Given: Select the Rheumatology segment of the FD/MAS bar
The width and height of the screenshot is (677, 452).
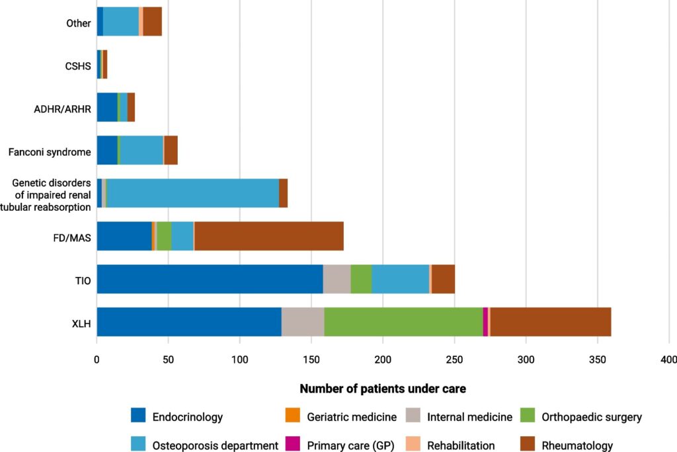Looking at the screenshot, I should click(269, 236).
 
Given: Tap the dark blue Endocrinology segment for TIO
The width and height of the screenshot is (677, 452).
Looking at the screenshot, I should click(210, 279).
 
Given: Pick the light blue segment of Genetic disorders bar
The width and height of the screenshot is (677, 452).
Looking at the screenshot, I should click(192, 193).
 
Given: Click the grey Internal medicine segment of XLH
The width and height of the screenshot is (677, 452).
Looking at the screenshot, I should click(303, 322).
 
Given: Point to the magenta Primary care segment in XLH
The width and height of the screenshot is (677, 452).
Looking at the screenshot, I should click(485, 322).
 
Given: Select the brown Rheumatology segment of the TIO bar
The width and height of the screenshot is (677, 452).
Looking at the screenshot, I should click(443, 279).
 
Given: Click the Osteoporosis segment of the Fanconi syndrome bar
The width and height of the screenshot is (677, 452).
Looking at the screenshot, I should click(141, 150).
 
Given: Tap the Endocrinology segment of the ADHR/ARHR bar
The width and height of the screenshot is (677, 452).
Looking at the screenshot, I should click(107, 107).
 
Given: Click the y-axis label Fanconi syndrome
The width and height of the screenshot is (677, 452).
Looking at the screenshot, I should click(50, 152).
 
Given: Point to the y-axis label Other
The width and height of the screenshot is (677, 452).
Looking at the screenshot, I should click(79, 24).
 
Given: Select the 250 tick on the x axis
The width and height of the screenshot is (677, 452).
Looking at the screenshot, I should click(454, 359).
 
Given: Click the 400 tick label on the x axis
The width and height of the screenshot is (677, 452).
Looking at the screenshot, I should click(668, 359).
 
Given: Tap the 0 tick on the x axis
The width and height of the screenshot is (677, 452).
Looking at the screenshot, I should click(97, 359).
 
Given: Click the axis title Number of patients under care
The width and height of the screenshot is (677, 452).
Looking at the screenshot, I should click(383, 389).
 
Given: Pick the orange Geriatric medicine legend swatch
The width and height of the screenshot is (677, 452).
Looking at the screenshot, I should click(294, 416).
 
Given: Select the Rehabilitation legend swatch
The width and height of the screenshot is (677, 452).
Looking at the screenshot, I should click(413, 445).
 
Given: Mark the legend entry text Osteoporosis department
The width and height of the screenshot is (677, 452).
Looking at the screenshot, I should click(215, 445).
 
